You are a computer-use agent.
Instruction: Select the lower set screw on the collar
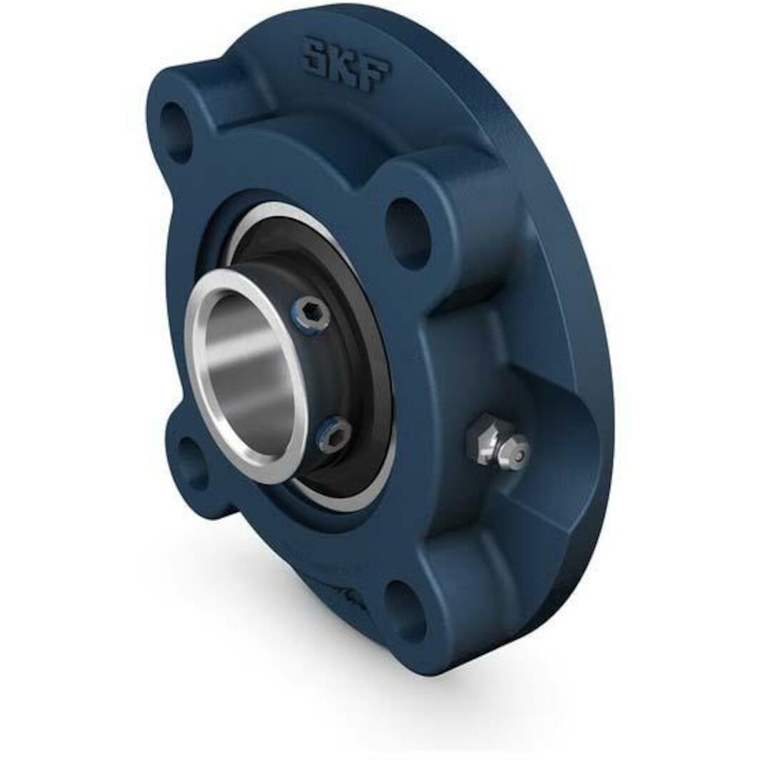pos(335,435)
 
